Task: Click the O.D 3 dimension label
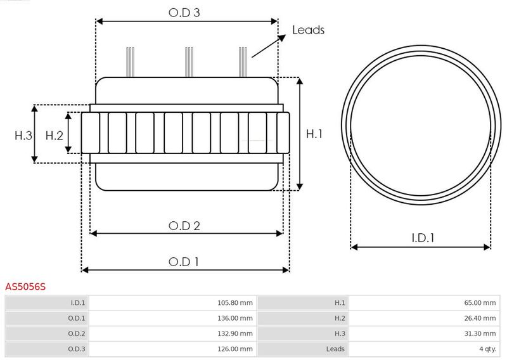(184, 13)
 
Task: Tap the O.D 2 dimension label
(184, 226)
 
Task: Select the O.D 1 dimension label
(184, 262)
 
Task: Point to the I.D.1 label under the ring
(423, 238)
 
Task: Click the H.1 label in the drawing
(314, 134)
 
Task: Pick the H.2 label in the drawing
(55, 135)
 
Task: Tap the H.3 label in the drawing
(23, 135)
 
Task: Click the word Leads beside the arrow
(308, 30)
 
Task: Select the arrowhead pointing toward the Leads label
(281, 37)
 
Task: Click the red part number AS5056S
(25, 286)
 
